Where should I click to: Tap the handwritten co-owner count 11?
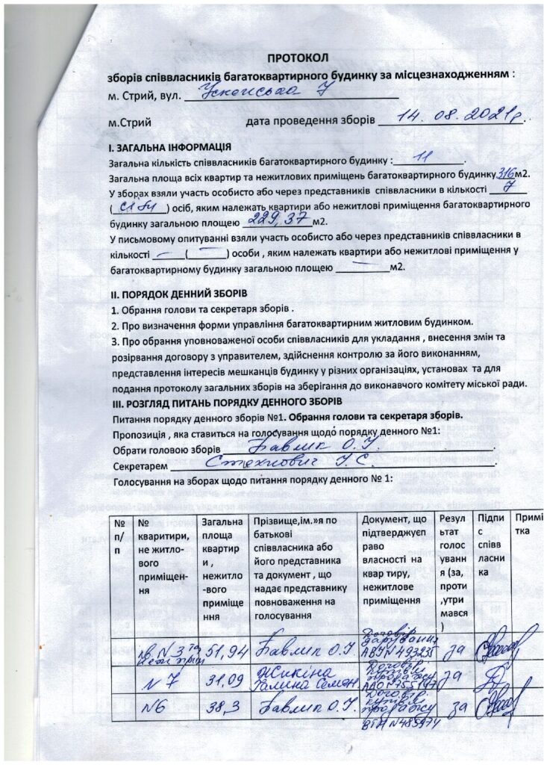(x=425, y=158)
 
